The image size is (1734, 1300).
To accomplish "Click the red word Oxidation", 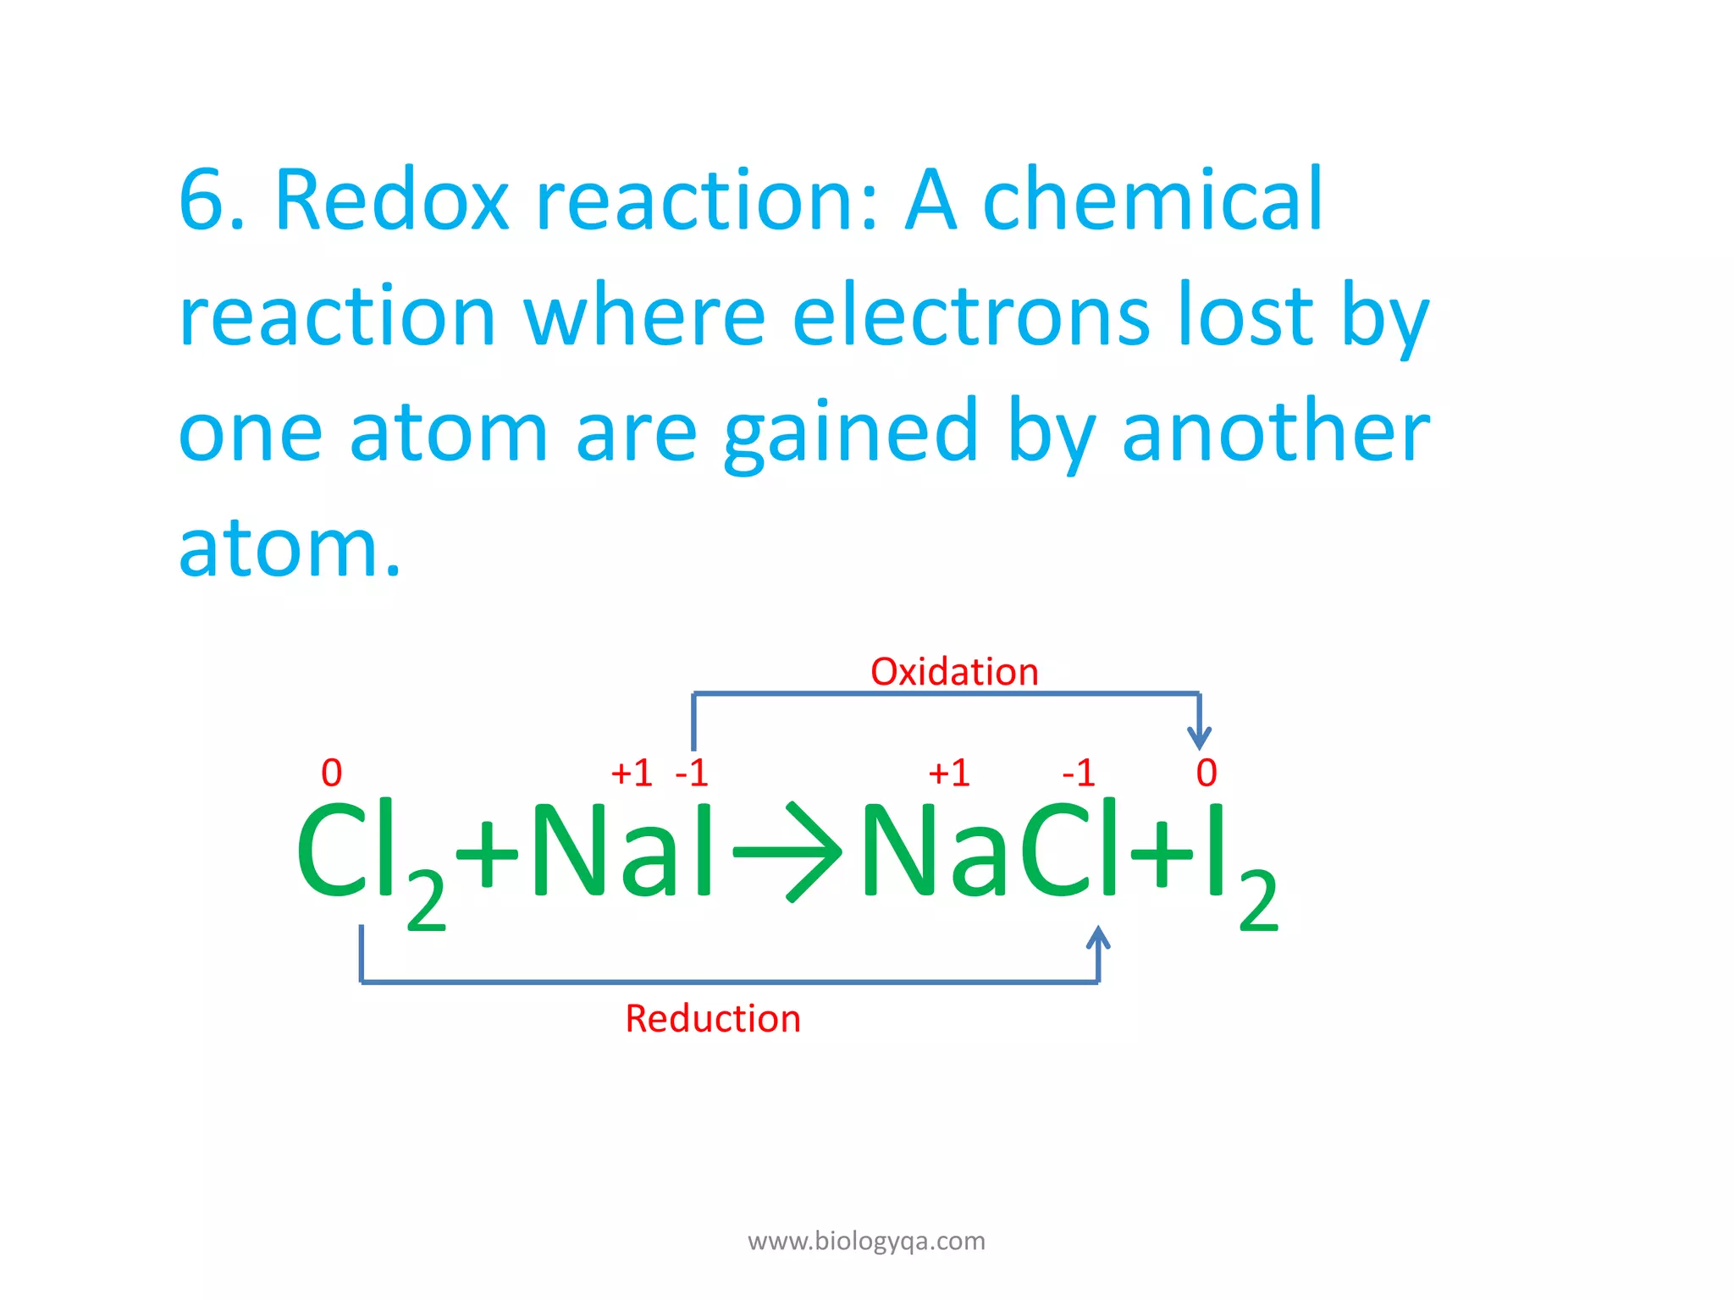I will pos(954,672).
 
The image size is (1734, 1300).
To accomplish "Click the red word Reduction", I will pos(713,1018).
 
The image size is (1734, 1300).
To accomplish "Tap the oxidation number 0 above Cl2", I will pos(332,773).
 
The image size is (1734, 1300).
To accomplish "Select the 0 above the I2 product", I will pos(1207,773).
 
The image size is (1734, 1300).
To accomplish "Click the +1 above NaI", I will pos(632,773).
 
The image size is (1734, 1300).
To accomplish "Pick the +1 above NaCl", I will pos(949,773).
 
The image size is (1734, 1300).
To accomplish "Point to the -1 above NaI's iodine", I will pos(692,773).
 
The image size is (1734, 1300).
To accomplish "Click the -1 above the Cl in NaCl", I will pos(1079,773).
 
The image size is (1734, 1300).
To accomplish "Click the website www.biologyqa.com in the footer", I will pos(866,1241).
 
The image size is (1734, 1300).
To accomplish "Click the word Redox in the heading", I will pos(392,201).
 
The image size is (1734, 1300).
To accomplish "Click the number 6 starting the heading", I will pos(202,201).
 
